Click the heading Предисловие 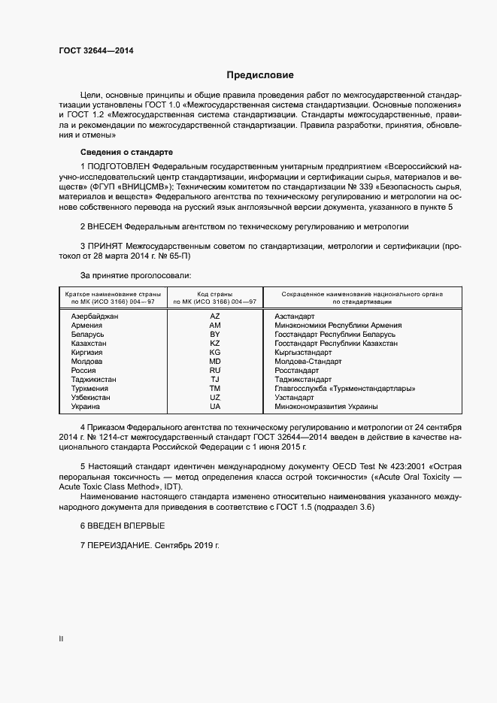pyautogui.click(x=260, y=75)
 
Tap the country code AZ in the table pyautogui.click(x=215, y=317)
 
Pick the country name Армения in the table pyautogui.click(x=86, y=326)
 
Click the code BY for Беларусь pyautogui.click(x=215, y=335)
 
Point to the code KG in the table pyautogui.click(x=215, y=352)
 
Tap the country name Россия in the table pyautogui.click(x=83, y=370)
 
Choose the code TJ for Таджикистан pyautogui.click(x=215, y=379)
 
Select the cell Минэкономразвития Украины pyautogui.click(x=326, y=406)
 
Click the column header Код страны pyautogui.click(x=215, y=293)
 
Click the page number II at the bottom pyautogui.click(x=61, y=639)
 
